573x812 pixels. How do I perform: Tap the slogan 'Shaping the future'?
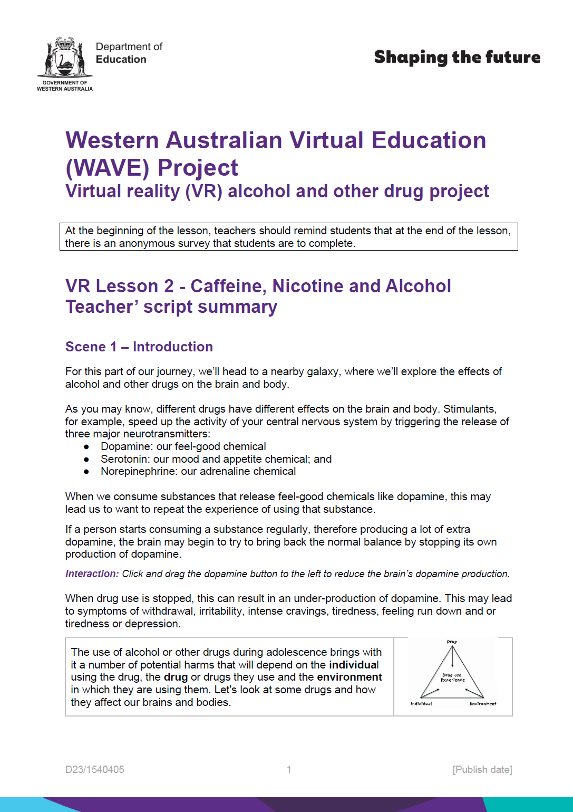(457, 57)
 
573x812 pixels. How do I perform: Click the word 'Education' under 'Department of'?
(121, 60)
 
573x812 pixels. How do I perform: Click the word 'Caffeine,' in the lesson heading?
(228, 286)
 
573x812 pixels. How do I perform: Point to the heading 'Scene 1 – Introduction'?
(139, 347)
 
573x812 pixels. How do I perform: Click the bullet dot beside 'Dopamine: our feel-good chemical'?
(86, 447)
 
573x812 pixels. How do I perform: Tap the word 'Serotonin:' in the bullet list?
(125, 459)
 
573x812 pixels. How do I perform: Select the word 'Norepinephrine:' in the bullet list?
(139, 471)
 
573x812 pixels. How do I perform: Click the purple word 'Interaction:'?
(92, 574)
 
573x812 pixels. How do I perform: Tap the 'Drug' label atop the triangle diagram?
(452, 642)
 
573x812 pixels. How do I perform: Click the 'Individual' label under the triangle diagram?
(421, 703)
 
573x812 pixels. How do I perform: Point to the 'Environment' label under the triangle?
(483, 703)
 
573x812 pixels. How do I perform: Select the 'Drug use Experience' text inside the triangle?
(453, 677)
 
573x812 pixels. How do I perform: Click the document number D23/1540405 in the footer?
(95, 769)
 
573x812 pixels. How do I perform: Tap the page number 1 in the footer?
(289, 769)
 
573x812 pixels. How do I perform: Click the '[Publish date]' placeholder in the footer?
(482, 769)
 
